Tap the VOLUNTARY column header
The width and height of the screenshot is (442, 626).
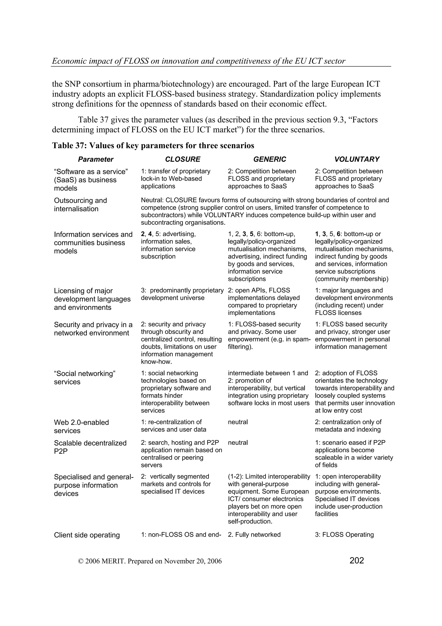click(357, 159)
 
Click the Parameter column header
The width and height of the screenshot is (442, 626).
click(96, 159)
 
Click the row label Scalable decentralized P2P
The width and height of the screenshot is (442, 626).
click(90, 447)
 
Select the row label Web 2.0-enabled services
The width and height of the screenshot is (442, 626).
click(81, 426)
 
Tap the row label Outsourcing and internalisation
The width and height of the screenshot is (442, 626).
click(80, 205)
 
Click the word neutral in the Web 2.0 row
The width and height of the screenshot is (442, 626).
click(238, 422)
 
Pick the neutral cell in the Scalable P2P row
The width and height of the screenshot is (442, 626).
click(238, 443)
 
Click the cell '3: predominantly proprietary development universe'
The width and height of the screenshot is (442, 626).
click(182, 294)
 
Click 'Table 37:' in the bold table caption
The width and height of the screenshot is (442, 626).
click(69, 146)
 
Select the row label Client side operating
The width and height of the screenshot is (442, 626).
click(87, 535)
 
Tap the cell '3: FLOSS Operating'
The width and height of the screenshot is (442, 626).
click(344, 534)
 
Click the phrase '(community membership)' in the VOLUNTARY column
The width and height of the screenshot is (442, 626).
click(352, 279)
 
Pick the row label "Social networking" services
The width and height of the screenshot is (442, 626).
click(85, 377)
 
